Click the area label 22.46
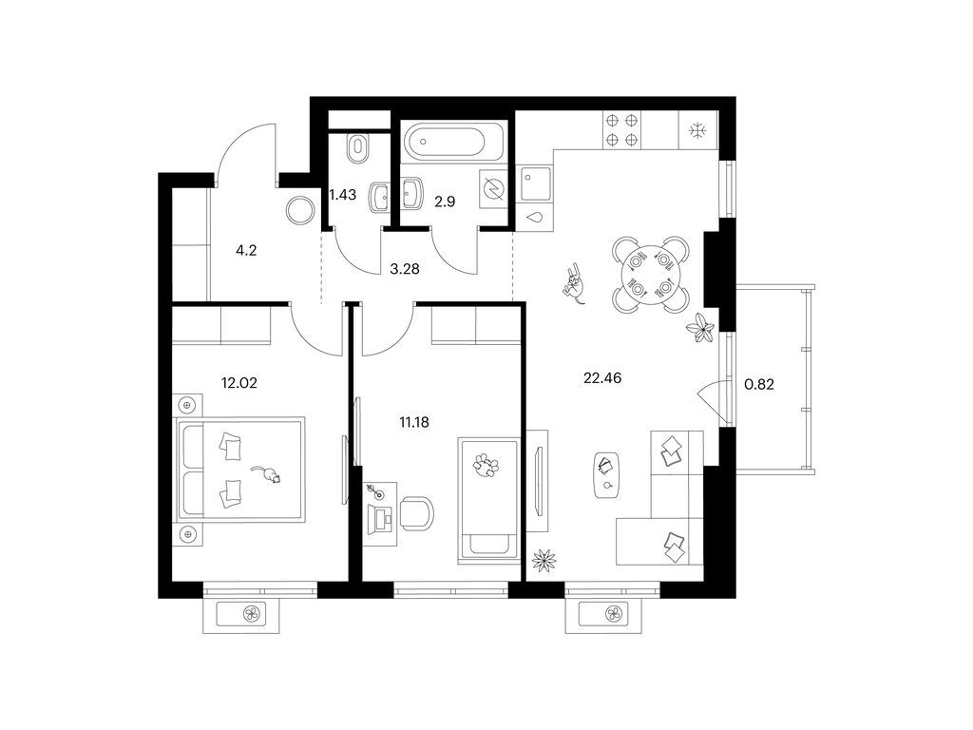(x=602, y=377)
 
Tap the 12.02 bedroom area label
(x=238, y=383)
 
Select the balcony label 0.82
(x=759, y=384)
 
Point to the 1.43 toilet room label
(x=342, y=195)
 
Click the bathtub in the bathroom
(x=444, y=142)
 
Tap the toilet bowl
(x=358, y=149)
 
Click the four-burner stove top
(x=621, y=130)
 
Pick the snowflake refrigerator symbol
(x=698, y=130)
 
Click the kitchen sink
(x=536, y=183)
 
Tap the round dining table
(x=650, y=274)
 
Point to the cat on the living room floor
(x=575, y=284)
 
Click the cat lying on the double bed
(x=267, y=474)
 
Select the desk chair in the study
(x=416, y=514)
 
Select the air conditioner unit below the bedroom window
(x=241, y=614)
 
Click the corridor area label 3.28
(x=405, y=269)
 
